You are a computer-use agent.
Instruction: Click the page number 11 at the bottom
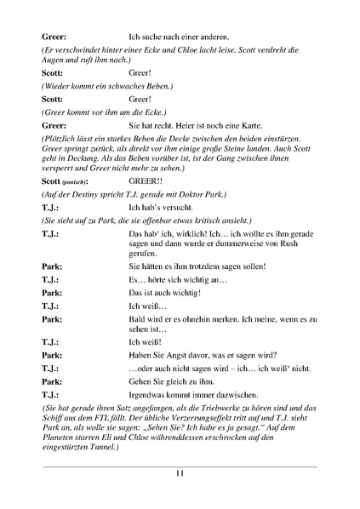[180, 474]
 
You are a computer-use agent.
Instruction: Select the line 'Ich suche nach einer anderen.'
[179, 37]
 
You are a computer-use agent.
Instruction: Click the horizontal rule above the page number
[180, 466]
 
